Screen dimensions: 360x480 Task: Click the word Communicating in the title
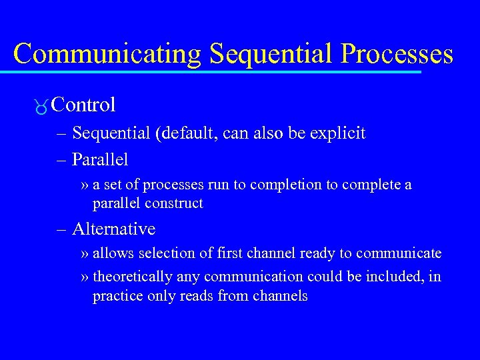[x=107, y=53]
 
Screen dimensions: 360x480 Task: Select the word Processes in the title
[x=397, y=53]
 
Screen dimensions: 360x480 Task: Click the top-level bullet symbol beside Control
[x=41, y=107]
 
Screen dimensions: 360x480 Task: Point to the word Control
[x=83, y=105]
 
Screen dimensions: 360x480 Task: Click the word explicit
[x=341, y=133]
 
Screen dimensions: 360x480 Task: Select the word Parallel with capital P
[x=100, y=160]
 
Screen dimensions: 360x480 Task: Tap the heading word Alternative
[x=113, y=229]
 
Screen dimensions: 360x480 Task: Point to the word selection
[x=150, y=254]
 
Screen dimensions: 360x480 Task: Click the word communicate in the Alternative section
[x=399, y=254]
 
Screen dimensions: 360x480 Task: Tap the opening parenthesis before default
[x=157, y=133]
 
